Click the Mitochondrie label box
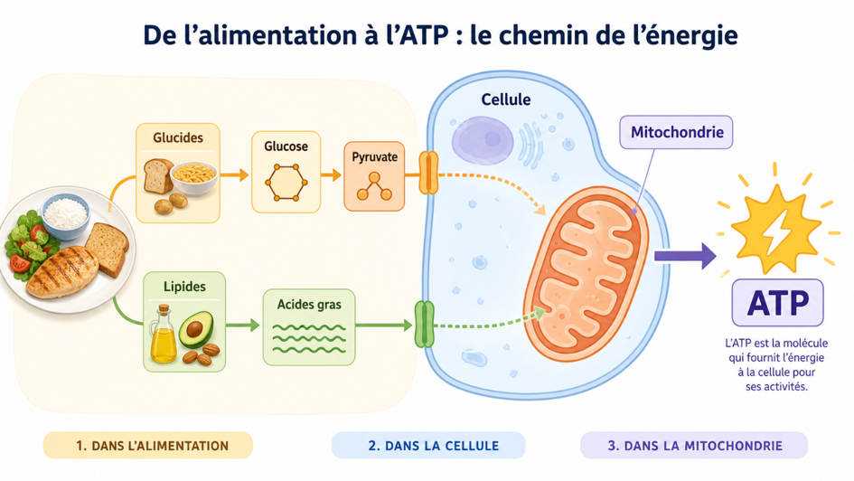[x=676, y=132]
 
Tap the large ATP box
[x=777, y=302]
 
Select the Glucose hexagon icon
[x=286, y=183]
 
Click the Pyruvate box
[x=374, y=176]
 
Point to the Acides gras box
[x=309, y=326]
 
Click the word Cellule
[x=505, y=99]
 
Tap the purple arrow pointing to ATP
[x=685, y=256]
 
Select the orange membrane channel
[x=428, y=174]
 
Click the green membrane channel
[x=424, y=325]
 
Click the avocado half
[x=195, y=329]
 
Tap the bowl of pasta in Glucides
[x=194, y=177]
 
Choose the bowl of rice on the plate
[x=65, y=216]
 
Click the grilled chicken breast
[x=62, y=271]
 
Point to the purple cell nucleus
[x=483, y=140]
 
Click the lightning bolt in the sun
[x=776, y=231]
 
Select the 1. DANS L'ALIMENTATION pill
[x=148, y=445]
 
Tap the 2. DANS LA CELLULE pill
[x=428, y=445]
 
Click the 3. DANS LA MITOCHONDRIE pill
[x=694, y=445]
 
